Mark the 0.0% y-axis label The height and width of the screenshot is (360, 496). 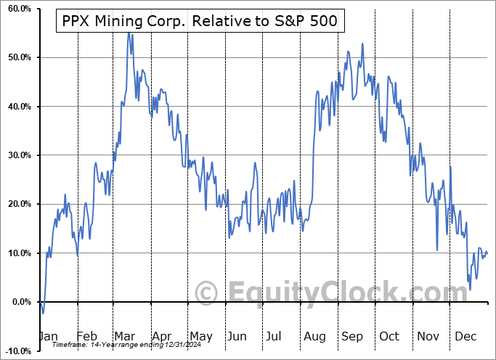pos(18,302)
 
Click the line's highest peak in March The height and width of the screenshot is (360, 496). pos(129,33)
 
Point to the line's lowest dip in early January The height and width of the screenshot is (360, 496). pos(43,313)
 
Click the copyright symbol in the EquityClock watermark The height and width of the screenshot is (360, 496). pos(206,293)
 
